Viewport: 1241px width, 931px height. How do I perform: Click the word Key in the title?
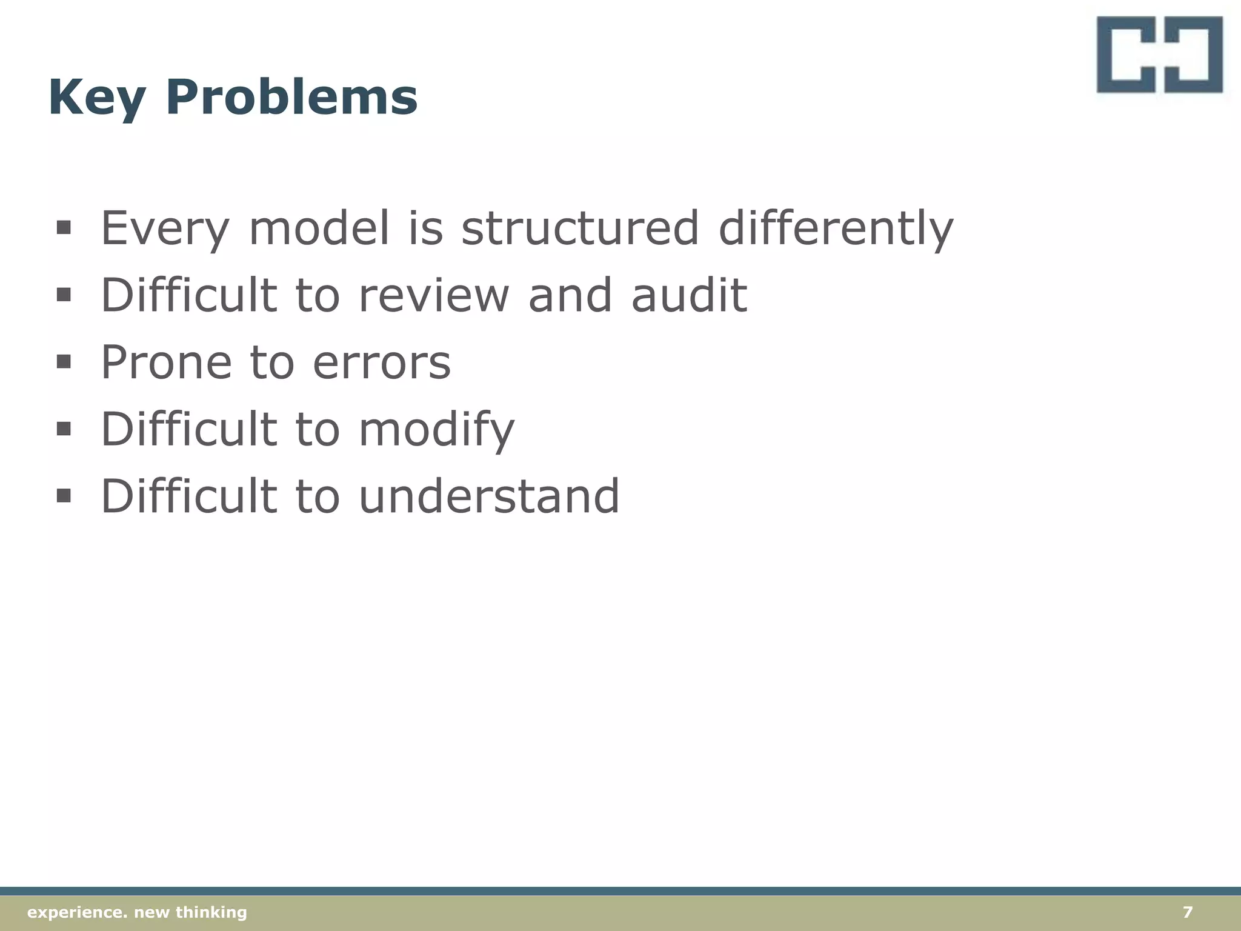tap(97, 98)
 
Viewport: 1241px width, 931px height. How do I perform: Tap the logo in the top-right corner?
tap(1159, 55)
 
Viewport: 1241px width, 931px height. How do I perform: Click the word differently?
tap(836, 229)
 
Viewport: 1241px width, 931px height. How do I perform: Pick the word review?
tap(433, 295)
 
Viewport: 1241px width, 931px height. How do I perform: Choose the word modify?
tap(436, 430)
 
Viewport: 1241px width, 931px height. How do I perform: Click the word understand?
tap(489, 496)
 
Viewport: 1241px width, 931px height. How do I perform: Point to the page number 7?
tap(1188, 912)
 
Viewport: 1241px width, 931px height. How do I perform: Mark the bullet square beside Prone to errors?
tap(63, 362)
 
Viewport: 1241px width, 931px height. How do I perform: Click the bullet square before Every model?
tap(63, 228)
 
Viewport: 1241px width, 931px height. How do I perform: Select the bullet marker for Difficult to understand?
tap(63, 496)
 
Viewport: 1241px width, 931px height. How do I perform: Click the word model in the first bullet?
tap(319, 228)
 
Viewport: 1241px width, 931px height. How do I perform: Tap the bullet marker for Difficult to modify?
tap(63, 429)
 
